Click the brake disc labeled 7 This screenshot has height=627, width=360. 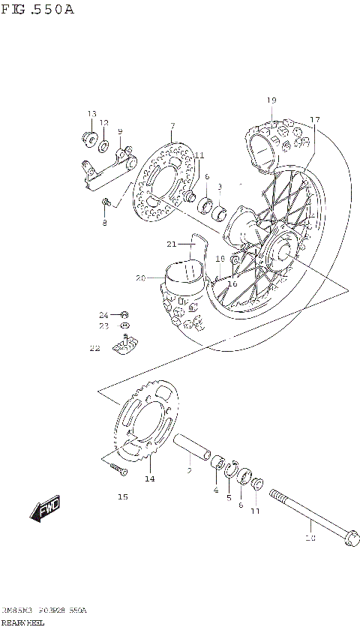click(x=161, y=184)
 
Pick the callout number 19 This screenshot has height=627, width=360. click(x=271, y=100)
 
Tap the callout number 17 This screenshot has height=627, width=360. click(x=315, y=119)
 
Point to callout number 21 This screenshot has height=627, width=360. click(x=171, y=244)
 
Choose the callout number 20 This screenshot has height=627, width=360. click(x=140, y=278)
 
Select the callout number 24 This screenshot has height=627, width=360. click(x=104, y=314)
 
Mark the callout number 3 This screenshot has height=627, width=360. click(x=220, y=187)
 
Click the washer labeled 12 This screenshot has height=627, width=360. click(x=105, y=140)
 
